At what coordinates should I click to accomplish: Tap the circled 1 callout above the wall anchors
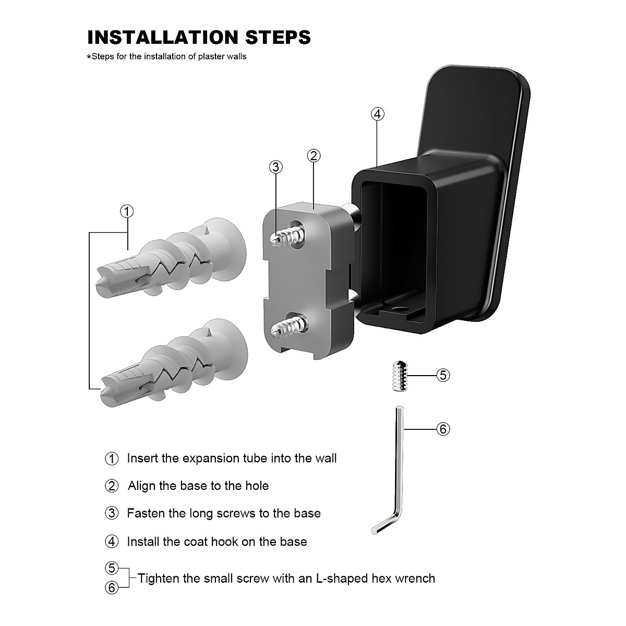pyautogui.click(x=127, y=211)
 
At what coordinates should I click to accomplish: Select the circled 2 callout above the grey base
pyautogui.click(x=314, y=155)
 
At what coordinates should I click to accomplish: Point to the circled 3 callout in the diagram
pyautogui.click(x=276, y=167)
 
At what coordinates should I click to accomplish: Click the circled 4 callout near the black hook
pyautogui.click(x=377, y=114)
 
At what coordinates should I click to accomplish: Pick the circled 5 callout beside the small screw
pyautogui.click(x=442, y=375)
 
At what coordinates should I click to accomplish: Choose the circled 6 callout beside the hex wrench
pyautogui.click(x=442, y=429)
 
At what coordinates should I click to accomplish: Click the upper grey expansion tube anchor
pyautogui.click(x=172, y=256)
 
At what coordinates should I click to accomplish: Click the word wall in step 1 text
pyautogui.click(x=326, y=458)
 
